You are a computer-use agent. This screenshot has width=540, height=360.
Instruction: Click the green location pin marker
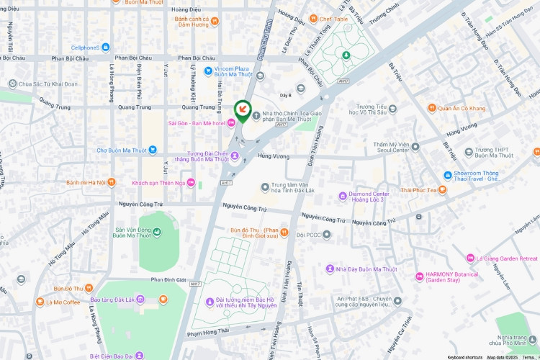243,110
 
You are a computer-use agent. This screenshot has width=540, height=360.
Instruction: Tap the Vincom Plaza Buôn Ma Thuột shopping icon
209,70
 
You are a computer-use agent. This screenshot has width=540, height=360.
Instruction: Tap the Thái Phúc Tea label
420,189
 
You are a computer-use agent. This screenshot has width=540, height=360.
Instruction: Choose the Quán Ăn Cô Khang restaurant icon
431,109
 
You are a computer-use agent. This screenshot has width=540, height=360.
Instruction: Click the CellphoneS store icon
106,48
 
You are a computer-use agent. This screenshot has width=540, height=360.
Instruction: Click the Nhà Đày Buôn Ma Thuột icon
330,269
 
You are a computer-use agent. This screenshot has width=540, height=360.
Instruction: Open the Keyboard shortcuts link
464,356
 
